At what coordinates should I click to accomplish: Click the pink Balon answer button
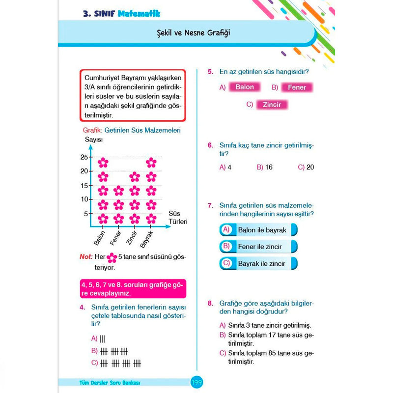click(245, 87)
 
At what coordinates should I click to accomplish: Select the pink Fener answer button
click(297, 88)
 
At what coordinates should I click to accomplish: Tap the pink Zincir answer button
click(272, 105)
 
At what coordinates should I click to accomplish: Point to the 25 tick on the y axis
click(84, 157)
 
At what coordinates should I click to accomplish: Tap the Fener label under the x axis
click(116, 237)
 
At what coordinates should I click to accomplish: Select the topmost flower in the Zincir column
click(135, 176)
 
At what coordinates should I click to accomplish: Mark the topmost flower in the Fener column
click(118, 191)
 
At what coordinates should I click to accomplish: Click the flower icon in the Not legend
click(112, 257)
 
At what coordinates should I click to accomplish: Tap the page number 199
click(196, 382)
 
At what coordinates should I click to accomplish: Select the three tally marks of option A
click(102, 338)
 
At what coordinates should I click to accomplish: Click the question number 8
click(210, 303)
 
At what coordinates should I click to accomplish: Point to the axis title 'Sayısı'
click(93, 140)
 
